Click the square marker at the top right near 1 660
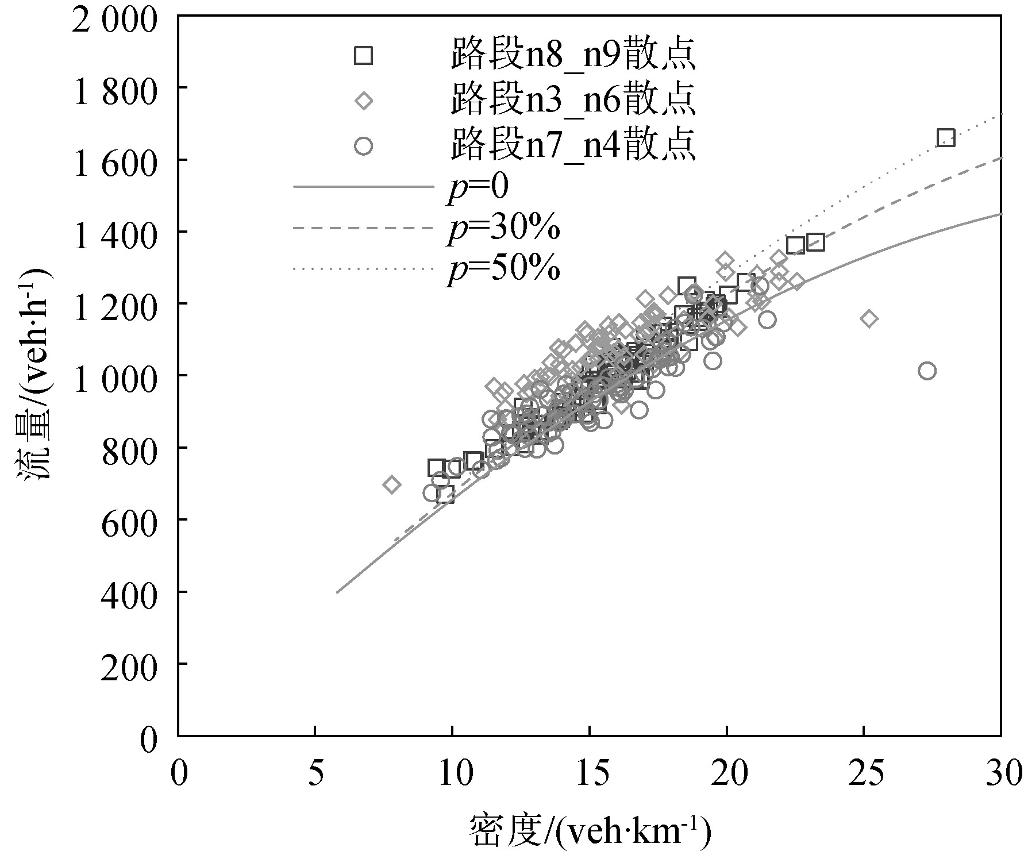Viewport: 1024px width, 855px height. click(x=945, y=138)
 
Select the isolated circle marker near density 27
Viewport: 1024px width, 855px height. click(x=926, y=371)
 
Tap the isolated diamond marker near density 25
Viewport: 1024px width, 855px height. click(x=869, y=318)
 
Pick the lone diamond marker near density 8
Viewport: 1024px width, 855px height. click(x=392, y=484)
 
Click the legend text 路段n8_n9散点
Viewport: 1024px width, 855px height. click(x=573, y=55)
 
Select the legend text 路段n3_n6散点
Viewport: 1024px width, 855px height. click(x=573, y=101)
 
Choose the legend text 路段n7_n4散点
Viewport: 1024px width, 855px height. click(x=573, y=145)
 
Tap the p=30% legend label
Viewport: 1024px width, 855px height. click(x=503, y=229)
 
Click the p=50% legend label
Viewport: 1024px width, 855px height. click(x=503, y=268)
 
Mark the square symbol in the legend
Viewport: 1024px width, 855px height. click(x=363, y=55)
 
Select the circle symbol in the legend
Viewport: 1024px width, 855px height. click(x=363, y=147)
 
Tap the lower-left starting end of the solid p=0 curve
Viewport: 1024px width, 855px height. click(x=337, y=592)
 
